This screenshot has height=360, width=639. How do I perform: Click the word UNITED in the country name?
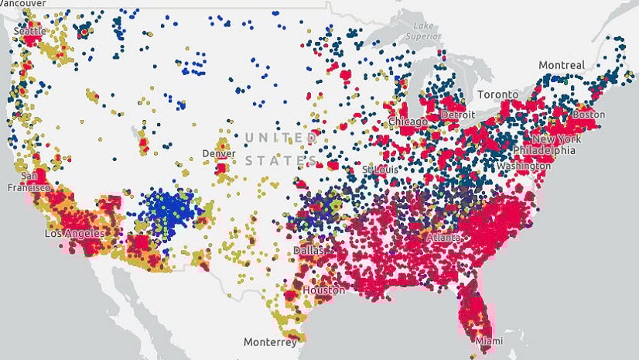(280, 138)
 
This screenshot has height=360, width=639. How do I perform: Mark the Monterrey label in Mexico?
(270, 341)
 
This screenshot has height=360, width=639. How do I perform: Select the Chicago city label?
(408, 122)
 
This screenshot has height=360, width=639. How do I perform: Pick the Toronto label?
(497, 94)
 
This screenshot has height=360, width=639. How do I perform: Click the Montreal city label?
(562, 66)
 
